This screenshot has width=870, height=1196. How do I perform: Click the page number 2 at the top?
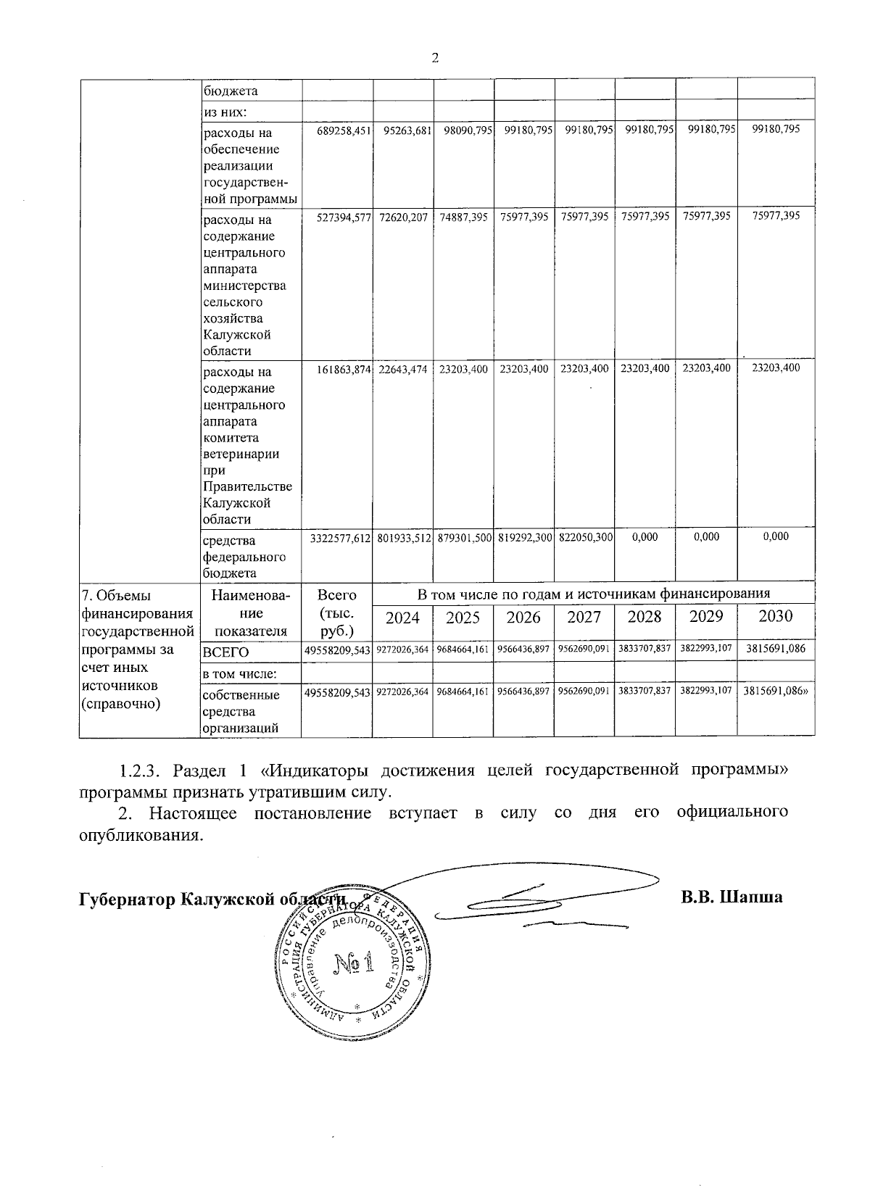(435, 58)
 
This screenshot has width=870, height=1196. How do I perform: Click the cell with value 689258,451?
(344, 130)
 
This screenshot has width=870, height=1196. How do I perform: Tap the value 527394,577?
(344, 217)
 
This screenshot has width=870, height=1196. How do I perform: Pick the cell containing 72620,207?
(403, 217)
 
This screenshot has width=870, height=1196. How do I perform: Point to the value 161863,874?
(344, 370)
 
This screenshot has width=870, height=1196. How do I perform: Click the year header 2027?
(584, 617)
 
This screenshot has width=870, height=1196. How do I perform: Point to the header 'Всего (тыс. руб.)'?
(336, 612)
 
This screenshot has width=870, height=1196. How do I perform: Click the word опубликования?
(137, 834)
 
